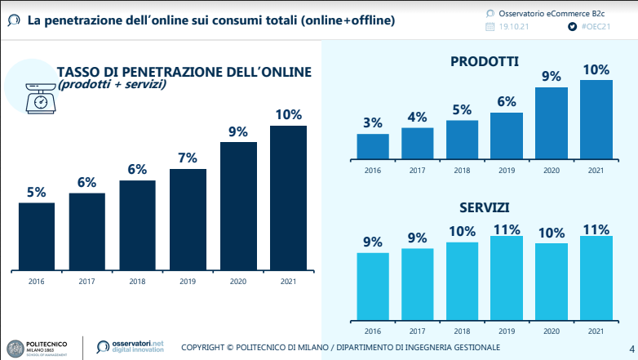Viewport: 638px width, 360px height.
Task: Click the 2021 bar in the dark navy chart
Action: point(288,198)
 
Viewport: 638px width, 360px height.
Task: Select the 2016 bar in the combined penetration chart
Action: point(37,236)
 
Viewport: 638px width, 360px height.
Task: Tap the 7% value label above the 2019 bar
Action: point(187,158)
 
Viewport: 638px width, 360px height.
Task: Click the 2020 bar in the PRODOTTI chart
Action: point(551,122)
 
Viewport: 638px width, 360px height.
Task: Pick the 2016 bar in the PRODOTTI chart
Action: point(373,145)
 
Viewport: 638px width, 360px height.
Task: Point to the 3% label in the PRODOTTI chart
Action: point(373,123)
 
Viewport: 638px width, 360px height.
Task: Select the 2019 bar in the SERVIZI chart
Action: point(506,278)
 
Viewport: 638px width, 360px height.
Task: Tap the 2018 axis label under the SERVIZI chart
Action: point(462,331)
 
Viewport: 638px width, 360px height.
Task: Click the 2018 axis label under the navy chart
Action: point(137,281)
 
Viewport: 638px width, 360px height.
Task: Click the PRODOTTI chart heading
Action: point(485,61)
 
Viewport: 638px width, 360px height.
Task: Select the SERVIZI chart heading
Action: point(485,208)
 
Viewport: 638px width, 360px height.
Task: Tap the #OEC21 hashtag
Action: point(596,26)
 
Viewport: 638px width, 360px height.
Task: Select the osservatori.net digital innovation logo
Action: point(131,347)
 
